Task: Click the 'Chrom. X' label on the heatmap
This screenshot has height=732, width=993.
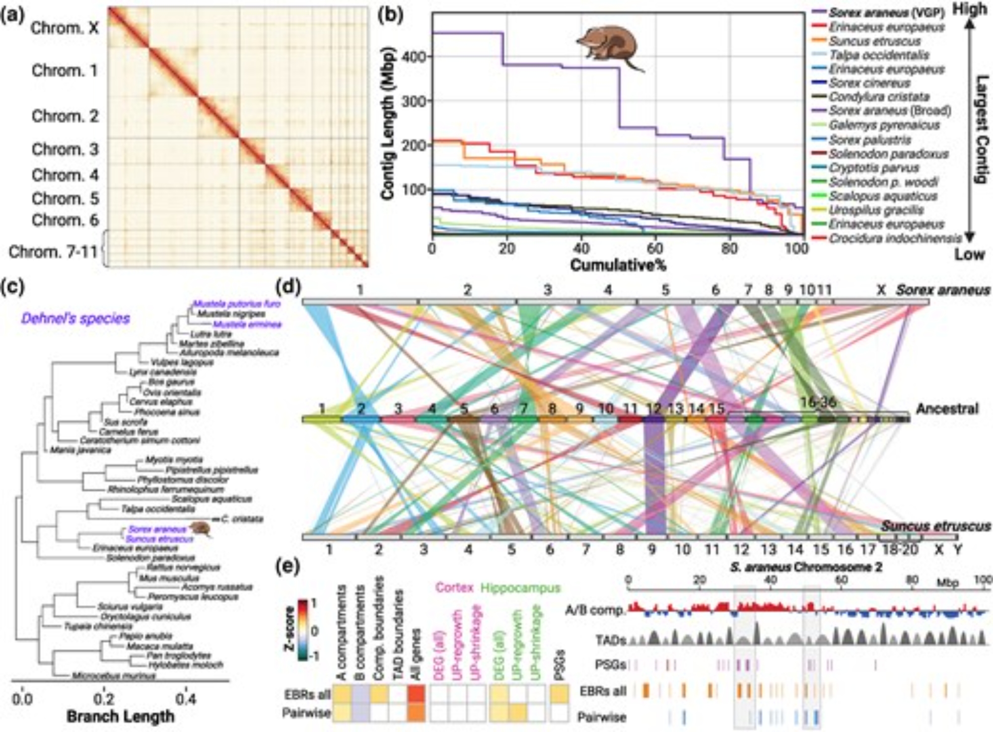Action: [x=65, y=28]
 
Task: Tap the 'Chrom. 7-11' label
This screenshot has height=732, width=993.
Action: [x=53, y=251]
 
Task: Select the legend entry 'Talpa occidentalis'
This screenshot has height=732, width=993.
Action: [x=879, y=55]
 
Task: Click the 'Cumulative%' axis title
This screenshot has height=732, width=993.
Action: [x=618, y=265]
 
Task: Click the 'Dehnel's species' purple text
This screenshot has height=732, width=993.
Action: [x=75, y=319]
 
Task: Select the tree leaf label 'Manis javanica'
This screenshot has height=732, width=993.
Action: [x=79, y=450]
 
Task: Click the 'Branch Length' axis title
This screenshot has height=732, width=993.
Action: [x=121, y=716]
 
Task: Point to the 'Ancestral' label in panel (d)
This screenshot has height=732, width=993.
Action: [x=947, y=409]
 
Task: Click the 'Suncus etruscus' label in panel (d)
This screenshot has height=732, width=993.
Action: [x=935, y=526]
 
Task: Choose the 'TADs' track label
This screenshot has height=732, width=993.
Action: [x=611, y=640]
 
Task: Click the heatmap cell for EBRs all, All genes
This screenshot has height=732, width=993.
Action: [x=417, y=694]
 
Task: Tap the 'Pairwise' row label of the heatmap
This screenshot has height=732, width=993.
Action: [x=306, y=713]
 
